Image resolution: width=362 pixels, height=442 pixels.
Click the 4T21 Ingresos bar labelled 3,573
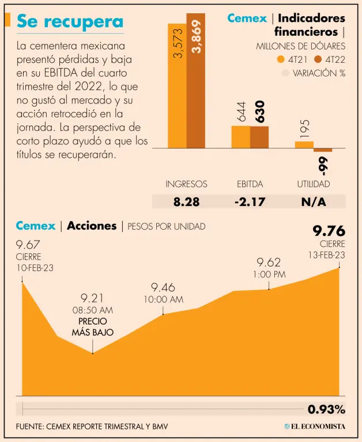(177, 86)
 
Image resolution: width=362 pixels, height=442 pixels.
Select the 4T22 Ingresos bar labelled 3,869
(195, 81)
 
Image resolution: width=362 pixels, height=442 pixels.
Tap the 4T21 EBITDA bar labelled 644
(241, 136)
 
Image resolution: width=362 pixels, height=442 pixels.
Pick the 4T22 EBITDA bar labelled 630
(259, 137)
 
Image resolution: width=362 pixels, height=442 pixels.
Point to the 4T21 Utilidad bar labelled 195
(304, 144)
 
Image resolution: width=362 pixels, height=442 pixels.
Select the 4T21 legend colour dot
(281, 59)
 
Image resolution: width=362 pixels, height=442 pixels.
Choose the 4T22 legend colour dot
(318, 59)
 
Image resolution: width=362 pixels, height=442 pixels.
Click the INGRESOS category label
(186, 184)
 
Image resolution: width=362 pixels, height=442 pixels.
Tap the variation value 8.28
(186, 201)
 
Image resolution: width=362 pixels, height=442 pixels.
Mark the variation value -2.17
(250, 201)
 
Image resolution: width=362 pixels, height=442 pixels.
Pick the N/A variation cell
(314, 201)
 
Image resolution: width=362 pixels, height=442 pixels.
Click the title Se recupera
(69, 21)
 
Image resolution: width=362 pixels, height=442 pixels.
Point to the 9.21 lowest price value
(92, 298)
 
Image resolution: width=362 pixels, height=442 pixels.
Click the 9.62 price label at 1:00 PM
(269, 262)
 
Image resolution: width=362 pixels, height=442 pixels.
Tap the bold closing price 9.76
(329, 231)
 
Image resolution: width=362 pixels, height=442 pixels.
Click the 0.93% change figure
(326, 410)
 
